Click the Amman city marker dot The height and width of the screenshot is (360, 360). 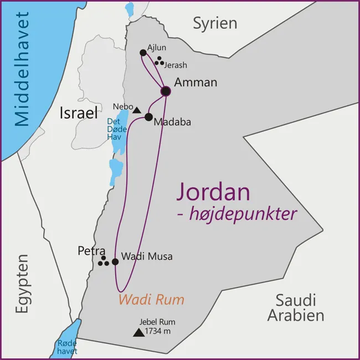165,91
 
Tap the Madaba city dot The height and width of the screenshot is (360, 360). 148,117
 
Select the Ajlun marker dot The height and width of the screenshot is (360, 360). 143,53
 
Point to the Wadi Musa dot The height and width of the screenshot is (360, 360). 115,261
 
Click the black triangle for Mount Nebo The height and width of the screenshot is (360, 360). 136,110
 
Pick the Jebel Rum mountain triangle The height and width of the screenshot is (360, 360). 137,332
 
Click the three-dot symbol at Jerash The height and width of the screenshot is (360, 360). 159,61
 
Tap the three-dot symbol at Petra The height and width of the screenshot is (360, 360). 103,261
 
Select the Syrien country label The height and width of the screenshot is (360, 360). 215,23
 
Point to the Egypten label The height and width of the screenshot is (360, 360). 22,284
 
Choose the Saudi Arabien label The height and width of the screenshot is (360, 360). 296,308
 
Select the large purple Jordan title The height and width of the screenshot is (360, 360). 213,192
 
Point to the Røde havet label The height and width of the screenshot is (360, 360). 67,347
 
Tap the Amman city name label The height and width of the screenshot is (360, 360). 196,83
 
